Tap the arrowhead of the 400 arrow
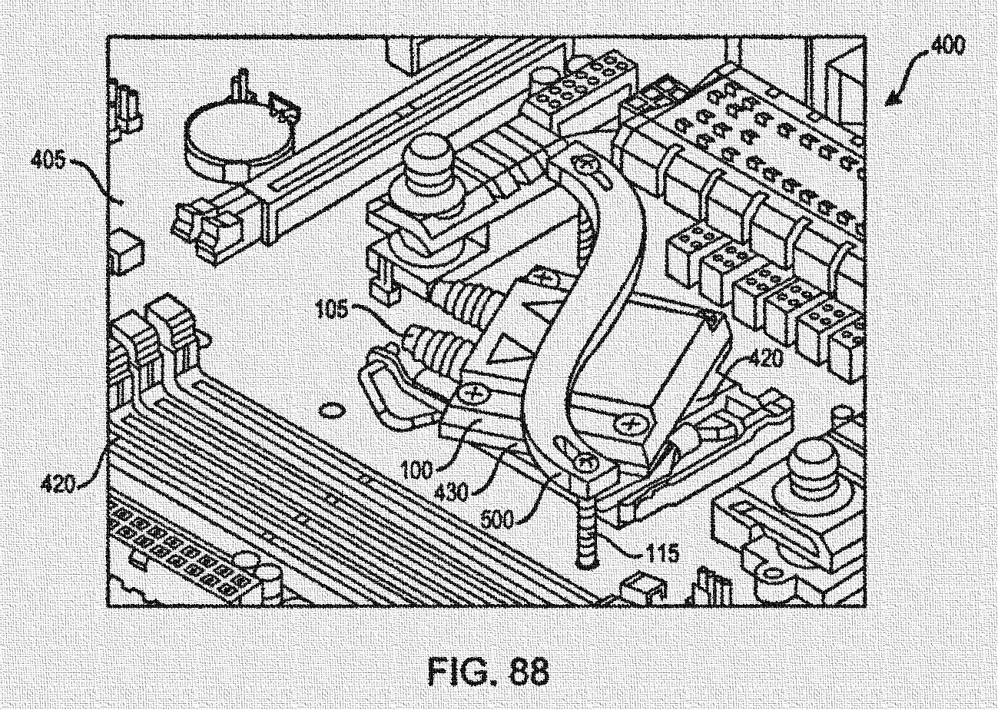890,101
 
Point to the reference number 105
333,311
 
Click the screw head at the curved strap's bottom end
585,463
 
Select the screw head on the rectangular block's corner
632,423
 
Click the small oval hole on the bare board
331,411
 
